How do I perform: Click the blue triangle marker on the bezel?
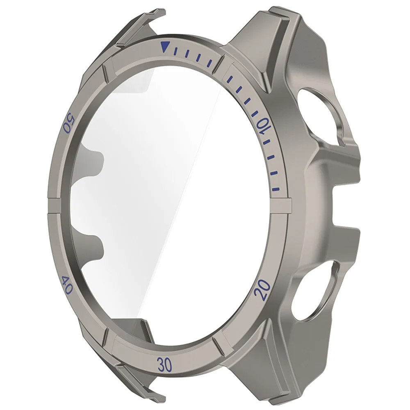click(x=165, y=47)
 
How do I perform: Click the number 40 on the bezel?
click(x=67, y=285)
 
